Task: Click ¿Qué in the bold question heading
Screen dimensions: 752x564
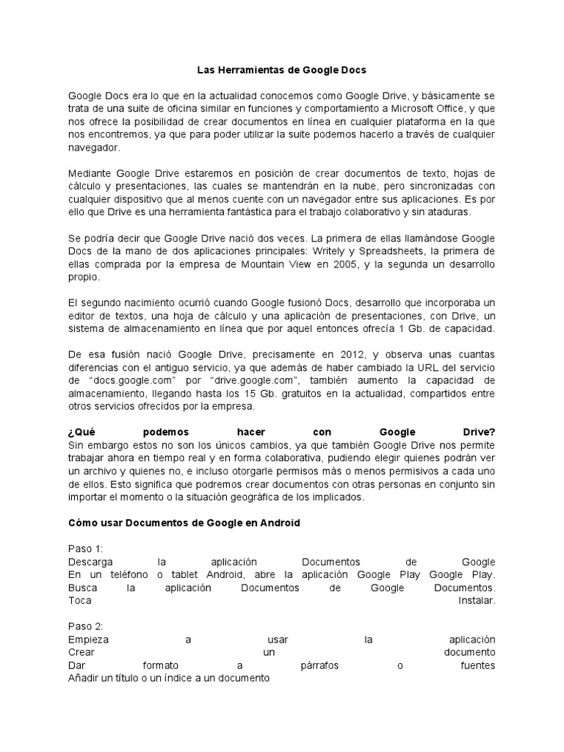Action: click(x=82, y=432)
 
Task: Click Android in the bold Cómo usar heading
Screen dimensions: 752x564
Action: click(x=276, y=523)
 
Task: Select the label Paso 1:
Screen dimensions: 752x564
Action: click(x=86, y=549)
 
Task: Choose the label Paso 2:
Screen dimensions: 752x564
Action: click(x=86, y=626)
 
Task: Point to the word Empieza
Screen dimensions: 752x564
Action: click(x=88, y=640)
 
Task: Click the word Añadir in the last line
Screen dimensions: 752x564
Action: click(x=84, y=679)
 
